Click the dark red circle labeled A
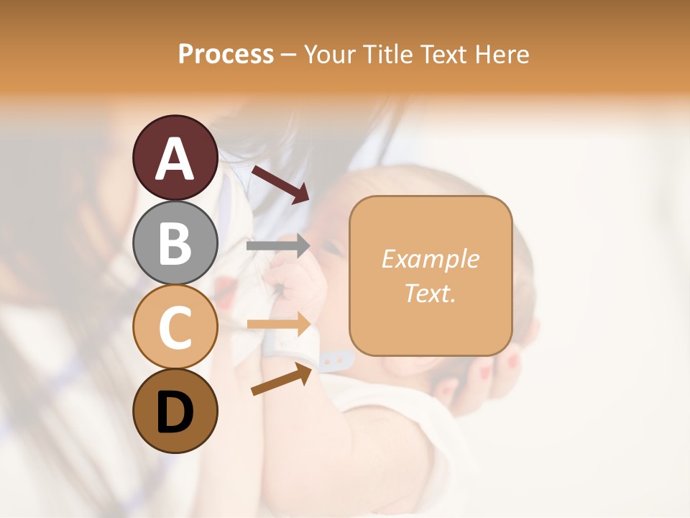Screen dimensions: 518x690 [x=175, y=158]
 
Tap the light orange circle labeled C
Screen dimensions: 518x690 [x=175, y=327]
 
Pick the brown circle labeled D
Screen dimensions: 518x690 [x=175, y=411]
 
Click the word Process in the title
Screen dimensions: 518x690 [x=226, y=54]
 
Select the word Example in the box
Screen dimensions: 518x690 [x=430, y=259]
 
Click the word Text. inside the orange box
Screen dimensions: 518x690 [x=430, y=293]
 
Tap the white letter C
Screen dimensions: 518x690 [x=175, y=327]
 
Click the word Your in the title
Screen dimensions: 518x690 [x=329, y=54]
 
